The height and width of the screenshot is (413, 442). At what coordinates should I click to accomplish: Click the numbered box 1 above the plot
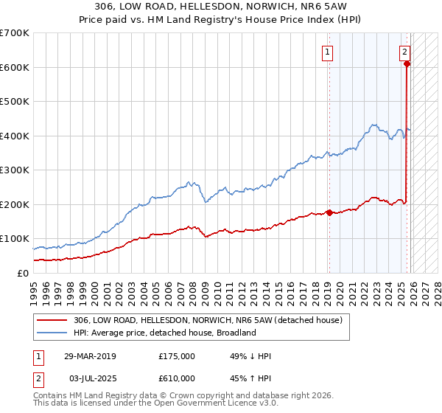[326, 52]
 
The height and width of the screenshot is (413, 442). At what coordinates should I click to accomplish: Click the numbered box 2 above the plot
[404, 52]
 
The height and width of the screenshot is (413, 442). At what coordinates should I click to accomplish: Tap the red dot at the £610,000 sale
[407, 64]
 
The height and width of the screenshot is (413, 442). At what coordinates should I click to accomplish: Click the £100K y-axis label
[14, 239]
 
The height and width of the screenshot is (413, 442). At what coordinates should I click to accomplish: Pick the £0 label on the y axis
[23, 273]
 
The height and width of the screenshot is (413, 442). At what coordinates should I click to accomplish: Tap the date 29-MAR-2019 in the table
[90, 356]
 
